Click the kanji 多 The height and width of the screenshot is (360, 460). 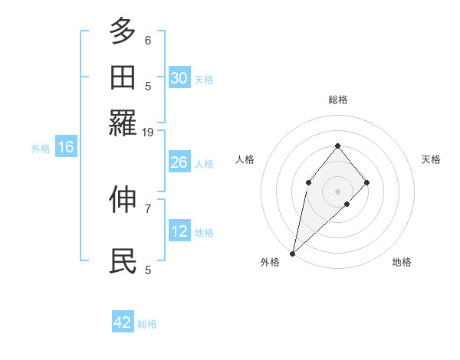coord(123,32)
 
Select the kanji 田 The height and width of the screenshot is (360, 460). coord(123,78)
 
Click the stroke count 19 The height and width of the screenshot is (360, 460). coord(148,132)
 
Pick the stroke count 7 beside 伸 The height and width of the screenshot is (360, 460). coord(148,208)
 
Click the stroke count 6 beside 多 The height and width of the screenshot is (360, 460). coord(148,40)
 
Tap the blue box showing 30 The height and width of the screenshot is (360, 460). coord(179,78)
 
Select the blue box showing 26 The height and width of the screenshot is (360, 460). coord(179,162)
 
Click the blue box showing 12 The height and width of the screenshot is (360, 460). coord(179,231)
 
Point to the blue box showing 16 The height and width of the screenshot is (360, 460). coord(66,148)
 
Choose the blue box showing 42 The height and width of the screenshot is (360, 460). coord(123,322)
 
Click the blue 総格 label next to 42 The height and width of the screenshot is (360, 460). coord(147,324)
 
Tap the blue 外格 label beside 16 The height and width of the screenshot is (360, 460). coord(41,149)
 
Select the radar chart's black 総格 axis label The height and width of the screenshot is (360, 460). coord(337,100)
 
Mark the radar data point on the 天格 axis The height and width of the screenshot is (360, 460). coord(367,182)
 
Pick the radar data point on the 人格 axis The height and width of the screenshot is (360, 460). coord(308,182)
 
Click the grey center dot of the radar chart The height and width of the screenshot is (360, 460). coord(337,191)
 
